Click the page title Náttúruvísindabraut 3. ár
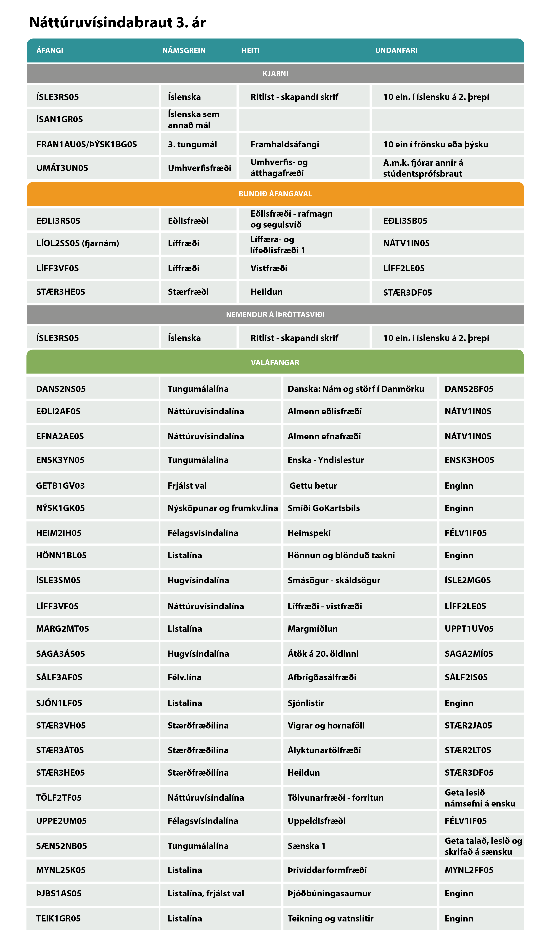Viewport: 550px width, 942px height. pos(117,22)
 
